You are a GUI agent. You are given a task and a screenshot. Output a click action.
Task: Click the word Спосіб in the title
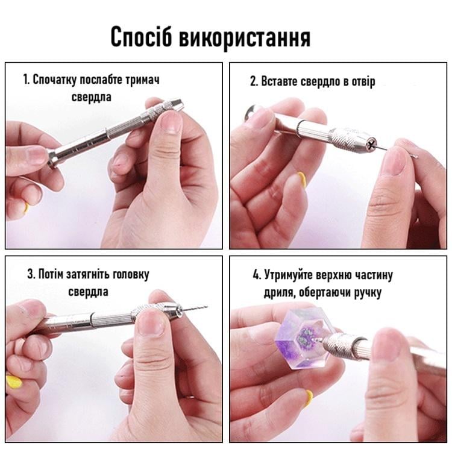(x=141, y=37)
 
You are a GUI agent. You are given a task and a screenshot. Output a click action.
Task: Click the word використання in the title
(x=245, y=38)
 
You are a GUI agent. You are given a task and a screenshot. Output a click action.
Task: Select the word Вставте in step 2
(x=279, y=81)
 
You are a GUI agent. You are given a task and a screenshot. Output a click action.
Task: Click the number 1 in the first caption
(x=26, y=80)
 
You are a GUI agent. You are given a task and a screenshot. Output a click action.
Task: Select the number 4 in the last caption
(x=256, y=275)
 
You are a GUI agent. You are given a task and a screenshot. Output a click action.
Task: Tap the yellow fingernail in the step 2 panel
(x=301, y=180)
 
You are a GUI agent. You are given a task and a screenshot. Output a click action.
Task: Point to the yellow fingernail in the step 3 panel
(x=13, y=382)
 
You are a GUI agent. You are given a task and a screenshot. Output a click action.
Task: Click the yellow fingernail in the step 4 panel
(x=309, y=398)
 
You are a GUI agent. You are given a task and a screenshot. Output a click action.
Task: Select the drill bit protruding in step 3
(x=195, y=308)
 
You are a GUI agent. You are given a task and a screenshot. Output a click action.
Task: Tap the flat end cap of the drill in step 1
(x=52, y=159)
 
